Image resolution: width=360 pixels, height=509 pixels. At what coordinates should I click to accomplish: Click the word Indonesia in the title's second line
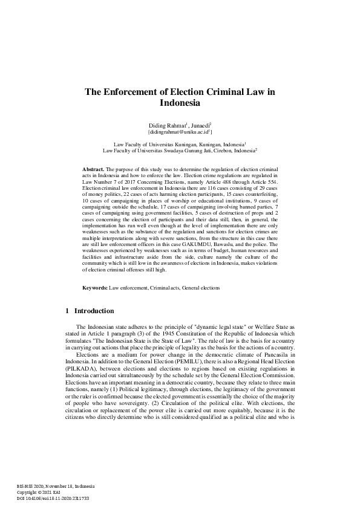(x=180, y=103)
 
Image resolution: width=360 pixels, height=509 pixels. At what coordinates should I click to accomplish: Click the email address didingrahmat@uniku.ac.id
(x=179, y=131)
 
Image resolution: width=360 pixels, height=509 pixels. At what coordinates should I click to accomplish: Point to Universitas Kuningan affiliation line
(x=180, y=145)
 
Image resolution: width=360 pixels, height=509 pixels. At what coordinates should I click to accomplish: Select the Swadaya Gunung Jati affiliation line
(x=180, y=151)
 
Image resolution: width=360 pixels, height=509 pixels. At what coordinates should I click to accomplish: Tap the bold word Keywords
(x=95, y=289)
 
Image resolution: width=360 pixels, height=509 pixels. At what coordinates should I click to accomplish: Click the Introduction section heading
(x=94, y=311)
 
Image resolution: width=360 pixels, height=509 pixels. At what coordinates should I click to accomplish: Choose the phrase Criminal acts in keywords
(x=164, y=289)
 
